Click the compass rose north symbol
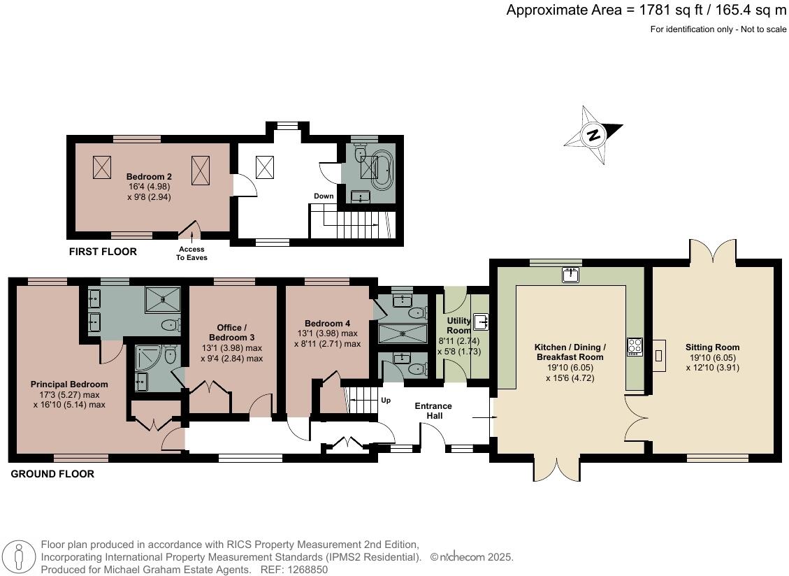point(594,135)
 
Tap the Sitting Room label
point(712,347)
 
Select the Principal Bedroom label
point(69,384)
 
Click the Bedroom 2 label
point(149,177)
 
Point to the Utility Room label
point(459,325)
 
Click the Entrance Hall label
point(433,410)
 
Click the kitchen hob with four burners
point(635,347)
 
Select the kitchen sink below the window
point(571,275)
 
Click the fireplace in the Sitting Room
point(659,355)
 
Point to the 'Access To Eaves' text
point(191,253)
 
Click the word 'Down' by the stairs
point(324,196)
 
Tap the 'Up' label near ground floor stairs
point(386,401)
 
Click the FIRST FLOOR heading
point(103,252)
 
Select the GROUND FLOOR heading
point(52,474)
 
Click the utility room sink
point(481,322)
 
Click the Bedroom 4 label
point(327,323)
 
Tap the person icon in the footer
point(19,557)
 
